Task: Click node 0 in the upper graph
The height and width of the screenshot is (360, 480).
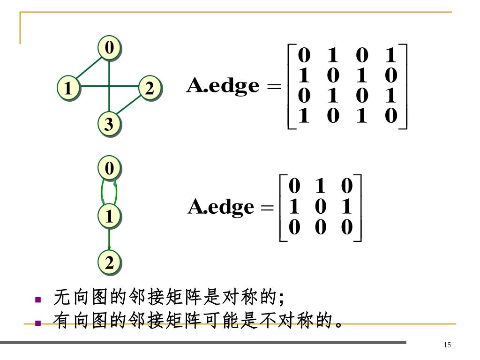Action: (109, 47)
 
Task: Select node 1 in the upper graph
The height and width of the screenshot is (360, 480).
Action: (68, 87)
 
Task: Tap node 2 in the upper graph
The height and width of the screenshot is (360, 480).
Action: (150, 87)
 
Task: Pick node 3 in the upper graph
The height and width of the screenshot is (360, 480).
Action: (109, 124)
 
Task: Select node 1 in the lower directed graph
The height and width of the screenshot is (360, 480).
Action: (109, 217)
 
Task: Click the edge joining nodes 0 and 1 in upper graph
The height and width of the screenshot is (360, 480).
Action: (88, 67)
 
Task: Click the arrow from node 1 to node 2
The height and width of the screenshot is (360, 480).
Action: (109, 240)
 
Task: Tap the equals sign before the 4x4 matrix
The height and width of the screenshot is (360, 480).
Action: (276, 87)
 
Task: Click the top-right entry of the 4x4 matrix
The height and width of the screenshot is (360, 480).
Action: (390, 56)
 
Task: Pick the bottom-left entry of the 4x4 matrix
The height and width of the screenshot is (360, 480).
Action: (304, 116)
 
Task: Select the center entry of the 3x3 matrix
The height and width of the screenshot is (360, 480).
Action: (321, 207)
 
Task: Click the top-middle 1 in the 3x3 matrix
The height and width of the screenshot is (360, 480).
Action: (321, 186)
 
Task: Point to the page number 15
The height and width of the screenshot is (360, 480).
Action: (447, 345)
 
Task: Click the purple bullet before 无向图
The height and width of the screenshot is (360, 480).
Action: (38, 299)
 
